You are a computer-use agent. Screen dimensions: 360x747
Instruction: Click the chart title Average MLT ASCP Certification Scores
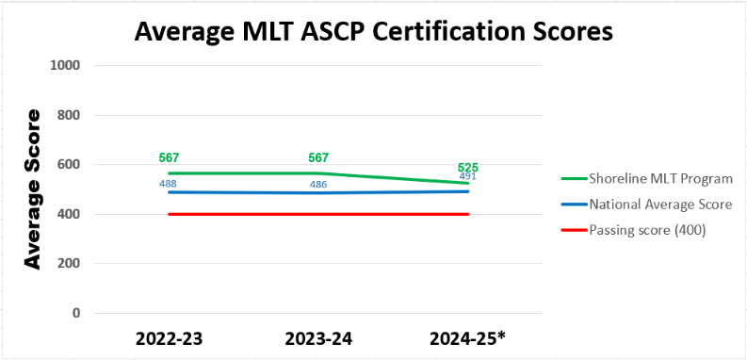click(373, 31)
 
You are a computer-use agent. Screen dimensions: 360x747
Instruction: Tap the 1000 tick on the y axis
click(65, 66)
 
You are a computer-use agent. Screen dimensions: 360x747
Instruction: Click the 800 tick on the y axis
click(69, 115)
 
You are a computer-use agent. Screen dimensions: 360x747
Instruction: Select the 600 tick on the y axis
click(69, 165)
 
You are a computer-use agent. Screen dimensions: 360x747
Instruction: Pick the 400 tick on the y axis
click(69, 214)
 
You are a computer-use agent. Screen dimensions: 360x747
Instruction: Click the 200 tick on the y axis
click(69, 264)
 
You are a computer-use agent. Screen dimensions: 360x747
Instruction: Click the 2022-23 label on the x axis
click(168, 338)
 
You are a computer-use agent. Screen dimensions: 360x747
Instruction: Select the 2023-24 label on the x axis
click(318, 338)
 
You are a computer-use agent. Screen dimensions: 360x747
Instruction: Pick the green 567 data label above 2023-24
click(318, 157)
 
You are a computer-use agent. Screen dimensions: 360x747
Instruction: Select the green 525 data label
click(468, 167)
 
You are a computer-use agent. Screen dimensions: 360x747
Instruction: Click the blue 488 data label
click(168, 184)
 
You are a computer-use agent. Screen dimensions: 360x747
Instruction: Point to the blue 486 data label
click(318, 185)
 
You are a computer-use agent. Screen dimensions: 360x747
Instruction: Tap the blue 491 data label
click(468, 176)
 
